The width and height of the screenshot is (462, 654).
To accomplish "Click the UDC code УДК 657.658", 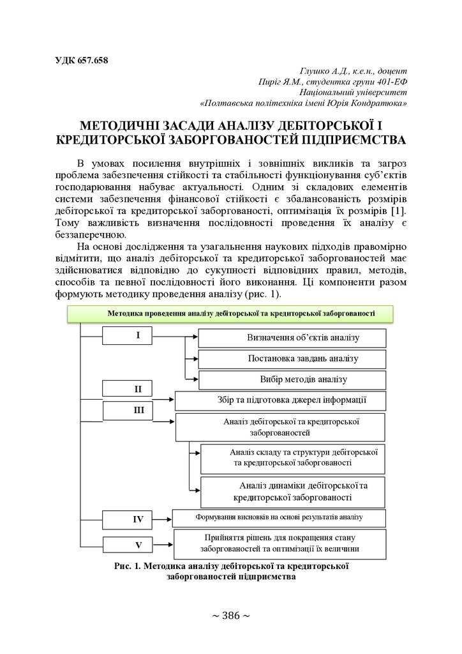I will (x=82, y=61).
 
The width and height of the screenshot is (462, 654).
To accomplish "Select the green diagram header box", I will (x=230, y=314).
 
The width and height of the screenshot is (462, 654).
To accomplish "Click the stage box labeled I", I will (x=137, y=336).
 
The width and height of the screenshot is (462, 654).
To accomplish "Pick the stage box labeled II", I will (x=137, y=388).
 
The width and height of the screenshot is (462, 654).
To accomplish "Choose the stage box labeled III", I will (x=137, y=411).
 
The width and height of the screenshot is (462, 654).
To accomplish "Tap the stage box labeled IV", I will (x=137, y=519).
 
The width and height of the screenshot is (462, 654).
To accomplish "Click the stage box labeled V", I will (x=137, y=545).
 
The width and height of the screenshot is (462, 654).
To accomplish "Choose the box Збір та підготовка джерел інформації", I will (x=280, y=400).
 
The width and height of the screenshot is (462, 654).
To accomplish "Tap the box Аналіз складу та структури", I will (x=293, y=457).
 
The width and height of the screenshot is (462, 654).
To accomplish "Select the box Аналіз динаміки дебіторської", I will (x=293, y=491).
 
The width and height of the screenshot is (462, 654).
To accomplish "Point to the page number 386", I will (x=230, y=616).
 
